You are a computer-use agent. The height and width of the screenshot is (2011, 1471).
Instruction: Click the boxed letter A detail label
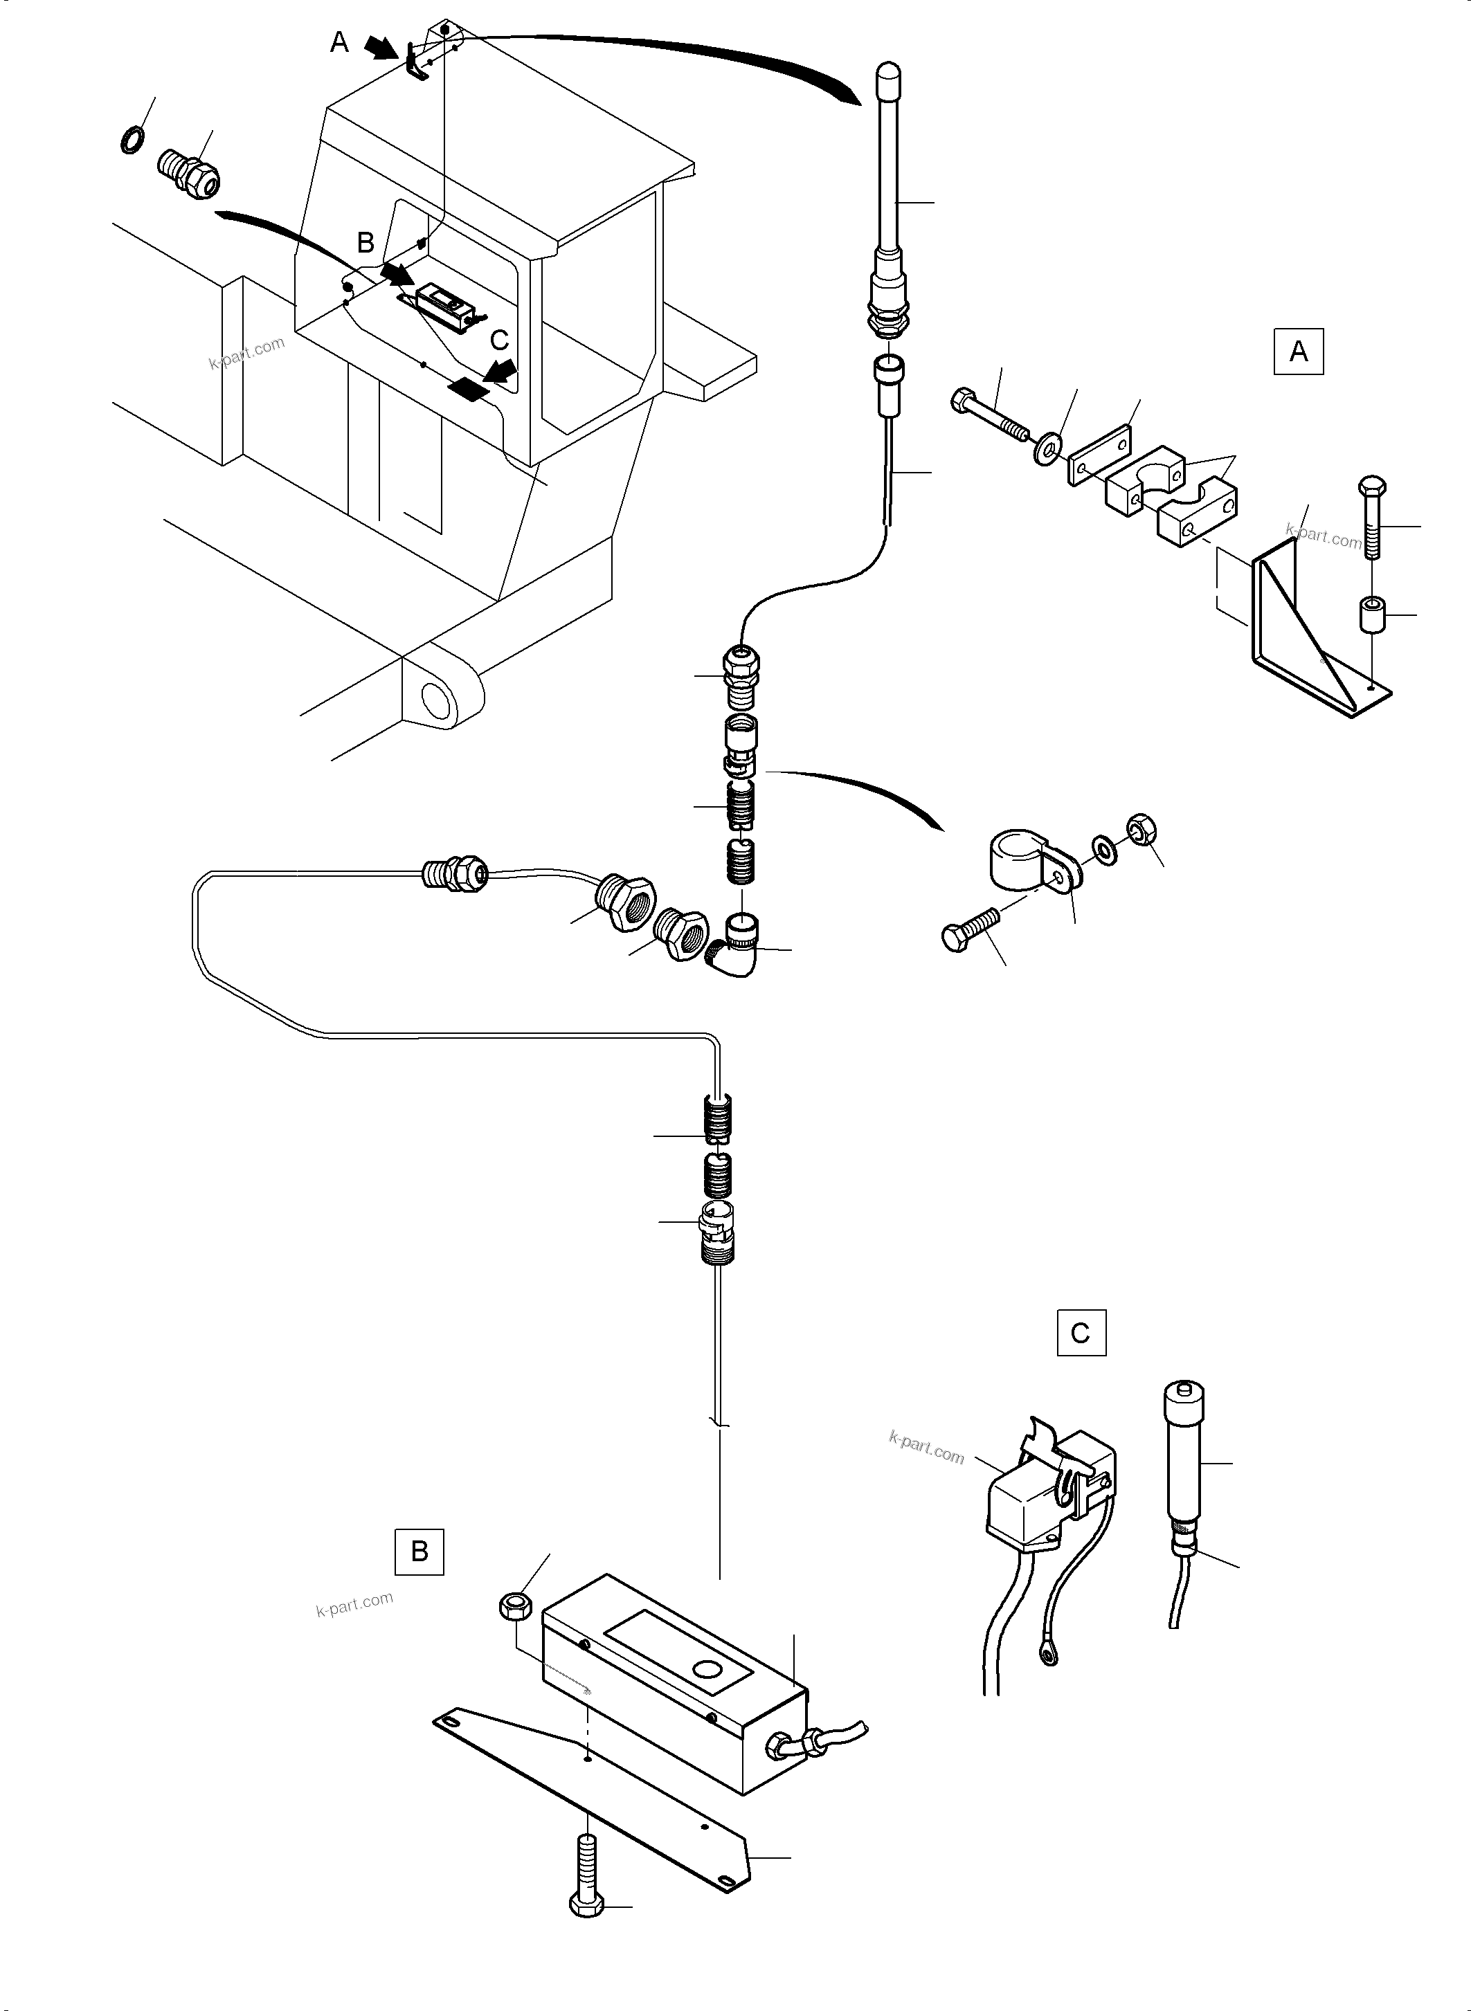click(x=1298, y=352)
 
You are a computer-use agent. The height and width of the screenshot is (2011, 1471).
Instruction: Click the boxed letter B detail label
click(x=419, y=1552)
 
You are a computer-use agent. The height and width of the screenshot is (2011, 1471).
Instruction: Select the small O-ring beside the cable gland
click(x=133, y=140)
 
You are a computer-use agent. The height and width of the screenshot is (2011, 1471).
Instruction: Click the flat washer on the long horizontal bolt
click(x=1045, y=446)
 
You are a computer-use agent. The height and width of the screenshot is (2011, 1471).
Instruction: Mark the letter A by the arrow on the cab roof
click(x=339, y=42)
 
